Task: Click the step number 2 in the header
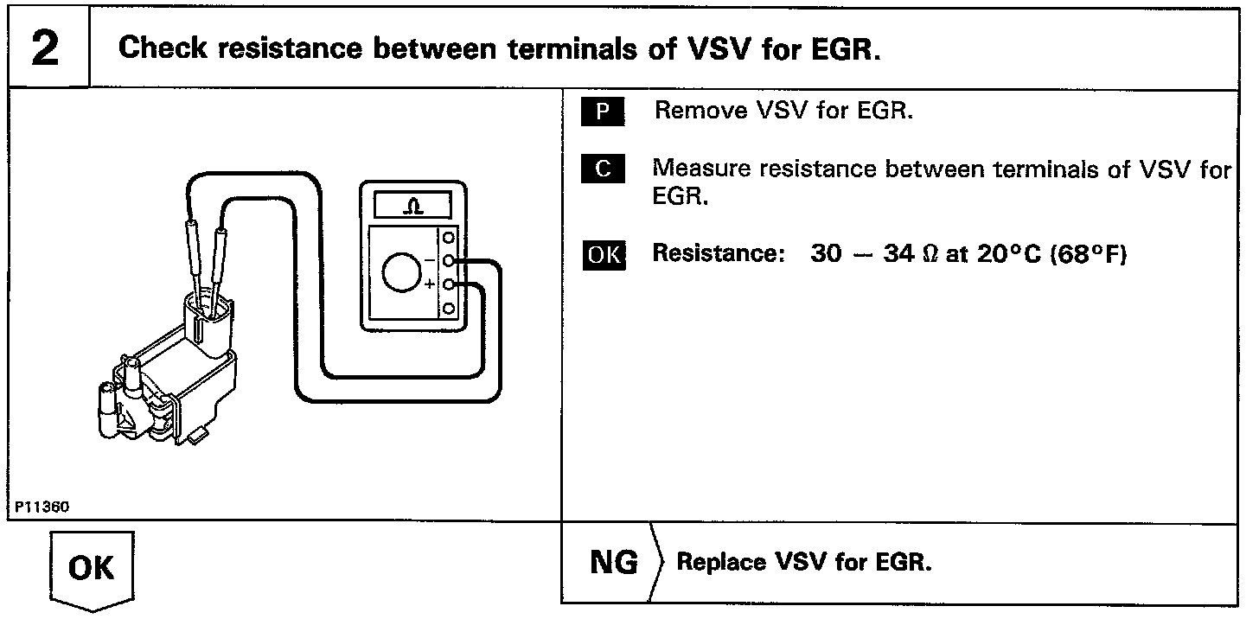pyautogui.click(x=45, y=48)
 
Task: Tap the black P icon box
pyautogui.click(x=604, y=112)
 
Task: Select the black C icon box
pyautogui.click(x=604, y=169)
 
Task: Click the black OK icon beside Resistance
pyautogui.click(x=604, y=255)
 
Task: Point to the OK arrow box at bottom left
pyautogui.click(x=90, y=569)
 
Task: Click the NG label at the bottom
pyautogui.click(x=613, y=563)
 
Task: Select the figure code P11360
pyautogui.click(x=41, y=507)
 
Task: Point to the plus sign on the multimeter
pyautogui.click(x=430, y=284)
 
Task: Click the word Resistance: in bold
pyautogui.click(x=718, y=255)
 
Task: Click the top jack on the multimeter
pyautogui.click(x=448, y=236)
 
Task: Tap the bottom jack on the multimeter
pyautogui.click(x=448, y=309)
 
